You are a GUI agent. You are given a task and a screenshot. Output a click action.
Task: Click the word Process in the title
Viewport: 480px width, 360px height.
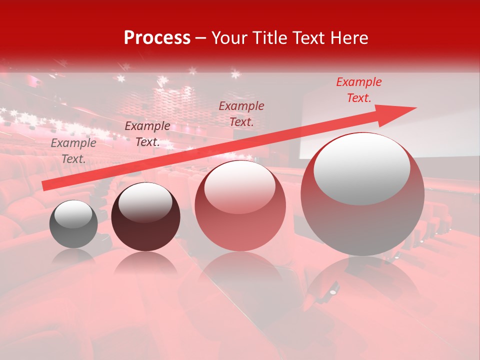(x=157, y=38)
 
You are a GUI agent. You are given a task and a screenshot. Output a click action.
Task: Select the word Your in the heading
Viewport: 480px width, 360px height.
(x=230, y=38)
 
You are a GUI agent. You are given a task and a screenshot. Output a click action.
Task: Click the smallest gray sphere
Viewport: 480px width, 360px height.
(x=73, y=224)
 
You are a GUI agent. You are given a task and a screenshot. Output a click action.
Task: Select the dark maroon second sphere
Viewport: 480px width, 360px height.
(x=145, y=217)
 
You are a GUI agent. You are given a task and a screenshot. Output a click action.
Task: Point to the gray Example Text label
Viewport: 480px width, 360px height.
(x=73, y=151)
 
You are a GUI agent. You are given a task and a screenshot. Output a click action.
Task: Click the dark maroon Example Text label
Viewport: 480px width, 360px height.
(x=147, y=134)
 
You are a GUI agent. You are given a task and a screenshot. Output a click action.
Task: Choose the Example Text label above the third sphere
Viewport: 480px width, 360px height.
(x=241, y=113)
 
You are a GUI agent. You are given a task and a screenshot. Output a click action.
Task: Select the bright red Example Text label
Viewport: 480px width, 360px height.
(x=359, y=90)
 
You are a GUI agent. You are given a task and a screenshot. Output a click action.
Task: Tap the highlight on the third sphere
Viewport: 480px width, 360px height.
(x=239, y=186)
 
